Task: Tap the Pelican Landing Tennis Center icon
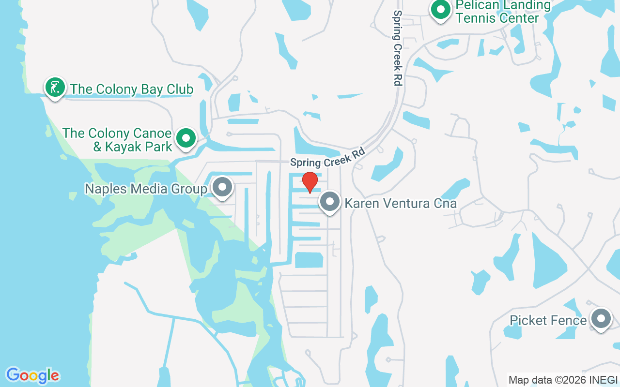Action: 441,10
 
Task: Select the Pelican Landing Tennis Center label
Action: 496,12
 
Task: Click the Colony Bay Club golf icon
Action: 55,88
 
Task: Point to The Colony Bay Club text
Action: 132,89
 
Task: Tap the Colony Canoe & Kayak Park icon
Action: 186,138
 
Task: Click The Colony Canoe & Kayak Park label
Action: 117,140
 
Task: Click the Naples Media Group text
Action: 146,189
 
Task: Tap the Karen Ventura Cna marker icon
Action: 330,202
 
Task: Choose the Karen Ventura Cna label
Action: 401,203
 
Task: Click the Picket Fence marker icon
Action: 602,319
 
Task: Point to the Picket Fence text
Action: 548,320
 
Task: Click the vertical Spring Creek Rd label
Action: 398,48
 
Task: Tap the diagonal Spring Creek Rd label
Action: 327,158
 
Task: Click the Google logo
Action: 32,375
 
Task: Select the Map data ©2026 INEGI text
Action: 563,380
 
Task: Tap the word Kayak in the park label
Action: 122,147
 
